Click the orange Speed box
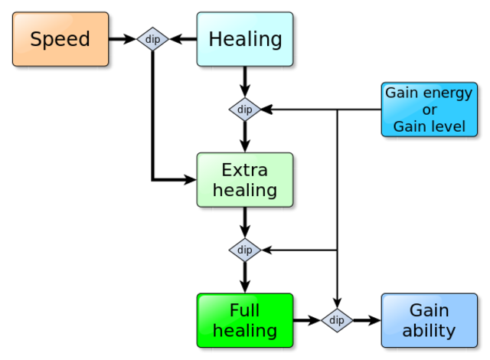click(60, 39)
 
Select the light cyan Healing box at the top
click(245, 39)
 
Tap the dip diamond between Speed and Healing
click(152, 39)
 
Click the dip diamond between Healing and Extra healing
click(245, 110)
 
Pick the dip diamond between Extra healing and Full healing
click(245, 250)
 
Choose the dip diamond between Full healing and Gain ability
click(337, 320)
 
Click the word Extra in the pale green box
click(245, 170)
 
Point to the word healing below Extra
click(245, 190)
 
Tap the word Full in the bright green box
click(245, 310)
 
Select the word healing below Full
click(245, 331)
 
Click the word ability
click(430, 331)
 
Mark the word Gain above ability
click(430, 310)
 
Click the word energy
click(447, 93)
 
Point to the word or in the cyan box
click(430, 110)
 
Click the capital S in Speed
click(36, 39)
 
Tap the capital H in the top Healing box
click(216, 39)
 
